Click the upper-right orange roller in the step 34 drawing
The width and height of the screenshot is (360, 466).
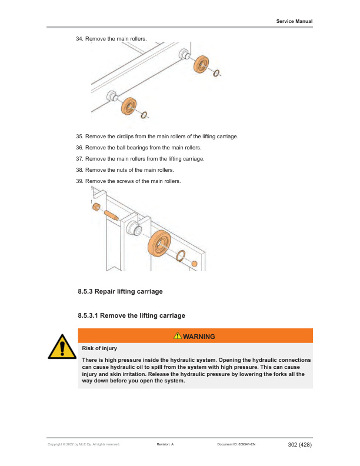click(x=203, y=64)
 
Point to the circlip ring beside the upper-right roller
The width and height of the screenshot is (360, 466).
click(x=217, y=73)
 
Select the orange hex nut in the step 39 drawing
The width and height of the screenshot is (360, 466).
click(x=95, y=207)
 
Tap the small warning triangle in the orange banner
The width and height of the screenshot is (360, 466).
click(x=178, y=336)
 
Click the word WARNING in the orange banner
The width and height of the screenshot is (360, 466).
click(x=199, y=336)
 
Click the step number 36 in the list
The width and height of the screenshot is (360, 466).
click(x=80, y=148)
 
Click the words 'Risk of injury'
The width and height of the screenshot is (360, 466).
click(x=99, y=348)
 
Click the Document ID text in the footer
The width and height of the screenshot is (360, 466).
click(x=236, y=445)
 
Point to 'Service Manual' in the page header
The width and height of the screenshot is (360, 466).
click(x=294, y=21)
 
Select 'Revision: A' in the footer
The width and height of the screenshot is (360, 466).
click(x=165, y=445)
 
